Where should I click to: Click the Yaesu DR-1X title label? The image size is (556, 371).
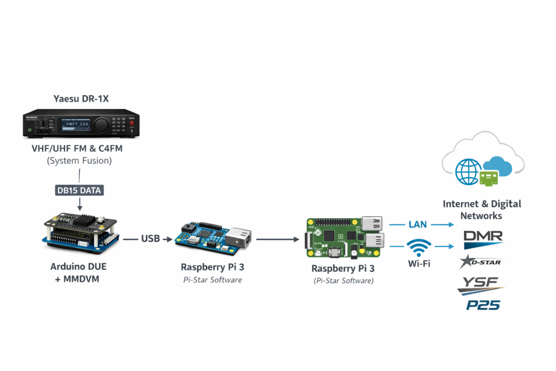click(x=81, y=98)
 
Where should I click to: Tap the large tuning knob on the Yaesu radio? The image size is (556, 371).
click(x=101, y=125)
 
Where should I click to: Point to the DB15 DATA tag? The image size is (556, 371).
click(x=80, y=191)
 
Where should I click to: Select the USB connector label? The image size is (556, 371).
click(x=150, y=238)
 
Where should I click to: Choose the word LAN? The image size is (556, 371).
click(x=418, y=224)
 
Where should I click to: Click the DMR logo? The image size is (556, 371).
click(x=483, y=237)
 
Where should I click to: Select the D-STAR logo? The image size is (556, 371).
click(x=481, y=262)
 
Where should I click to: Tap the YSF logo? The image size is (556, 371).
click(x=481, y=284)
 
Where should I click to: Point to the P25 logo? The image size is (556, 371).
click(x=483, y=305)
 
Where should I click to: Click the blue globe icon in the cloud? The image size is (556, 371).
click(x=468, y=171)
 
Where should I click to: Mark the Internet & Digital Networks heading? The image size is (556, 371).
click(x=482, y=210)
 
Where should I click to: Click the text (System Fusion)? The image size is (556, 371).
click(x=79, y=160)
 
